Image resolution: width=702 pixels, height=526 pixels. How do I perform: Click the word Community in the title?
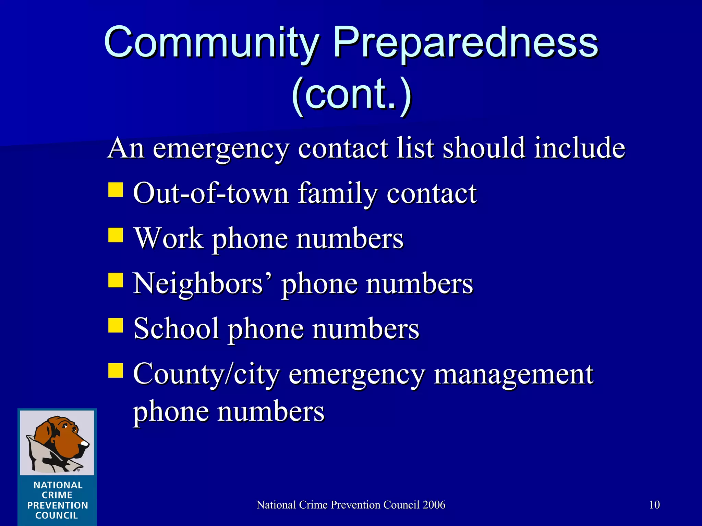(212, 43)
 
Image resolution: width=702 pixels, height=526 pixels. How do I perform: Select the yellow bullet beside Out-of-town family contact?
(116, 190)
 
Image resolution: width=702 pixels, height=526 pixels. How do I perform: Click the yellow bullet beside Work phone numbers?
(116, 235)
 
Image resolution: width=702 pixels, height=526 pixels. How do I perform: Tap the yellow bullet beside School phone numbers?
(116, 325)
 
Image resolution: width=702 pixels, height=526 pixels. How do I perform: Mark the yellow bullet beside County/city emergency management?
(116, 370)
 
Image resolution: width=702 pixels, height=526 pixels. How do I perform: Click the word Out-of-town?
(211, 193)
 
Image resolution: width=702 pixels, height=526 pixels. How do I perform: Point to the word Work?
(169, 238)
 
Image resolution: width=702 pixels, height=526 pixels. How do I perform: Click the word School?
(176, 329)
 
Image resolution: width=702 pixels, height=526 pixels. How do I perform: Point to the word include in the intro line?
(580, 148)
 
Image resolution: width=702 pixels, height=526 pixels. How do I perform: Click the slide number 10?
(654, 505)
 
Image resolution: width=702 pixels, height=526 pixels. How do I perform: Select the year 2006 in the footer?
(434, 505)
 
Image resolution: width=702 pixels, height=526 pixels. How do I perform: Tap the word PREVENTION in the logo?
(58, 505)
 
